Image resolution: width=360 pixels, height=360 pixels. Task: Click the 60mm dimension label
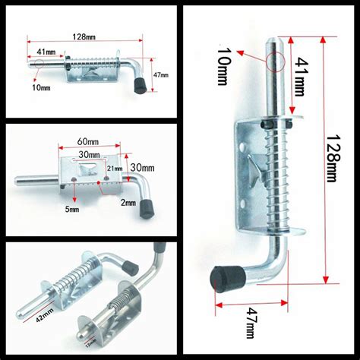click(87, 142)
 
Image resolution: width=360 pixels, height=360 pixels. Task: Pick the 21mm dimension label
click(113, 167)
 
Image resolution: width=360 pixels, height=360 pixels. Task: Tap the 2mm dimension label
click(127, 202)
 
